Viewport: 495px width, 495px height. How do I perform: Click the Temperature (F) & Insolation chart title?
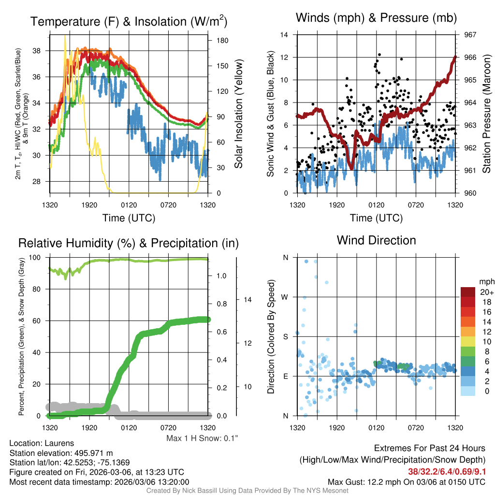pos(129,22)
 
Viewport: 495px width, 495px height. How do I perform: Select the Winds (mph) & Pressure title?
pos(377,18)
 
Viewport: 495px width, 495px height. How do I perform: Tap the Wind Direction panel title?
pos(376,240)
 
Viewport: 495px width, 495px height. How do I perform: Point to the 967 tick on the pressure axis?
pos(470,35)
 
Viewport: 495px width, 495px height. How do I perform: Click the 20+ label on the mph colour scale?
pos(486,292)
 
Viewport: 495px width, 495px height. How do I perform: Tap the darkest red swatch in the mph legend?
pos(469,292)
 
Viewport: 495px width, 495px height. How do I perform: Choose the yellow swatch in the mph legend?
pos(469,341)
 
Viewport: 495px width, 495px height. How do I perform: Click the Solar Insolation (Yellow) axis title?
pos(238,114)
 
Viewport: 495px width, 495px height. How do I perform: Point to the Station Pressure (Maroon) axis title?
pos(487,114)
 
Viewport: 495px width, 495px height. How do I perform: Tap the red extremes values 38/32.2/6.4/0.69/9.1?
pos(447,471)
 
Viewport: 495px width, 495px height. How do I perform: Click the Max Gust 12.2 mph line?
pos(407,481)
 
